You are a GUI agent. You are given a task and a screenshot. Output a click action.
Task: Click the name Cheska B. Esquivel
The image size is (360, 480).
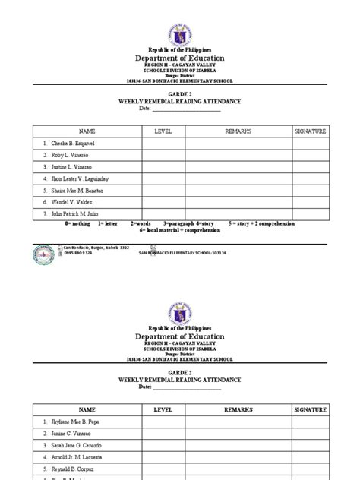pos(73,144)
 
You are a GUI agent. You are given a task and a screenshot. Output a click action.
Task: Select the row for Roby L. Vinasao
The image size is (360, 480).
pos(69,156)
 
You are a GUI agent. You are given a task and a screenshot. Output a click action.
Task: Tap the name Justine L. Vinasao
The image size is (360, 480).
pos(72,168)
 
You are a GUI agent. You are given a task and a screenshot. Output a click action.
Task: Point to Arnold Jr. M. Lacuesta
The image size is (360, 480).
pos(76,457)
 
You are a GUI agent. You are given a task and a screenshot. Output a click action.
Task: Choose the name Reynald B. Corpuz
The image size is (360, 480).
pos(73,469)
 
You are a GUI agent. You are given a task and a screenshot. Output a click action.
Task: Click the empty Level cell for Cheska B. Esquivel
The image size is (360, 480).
pos(163,144)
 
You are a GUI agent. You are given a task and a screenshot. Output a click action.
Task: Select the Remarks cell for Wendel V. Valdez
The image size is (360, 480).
pos(238,204)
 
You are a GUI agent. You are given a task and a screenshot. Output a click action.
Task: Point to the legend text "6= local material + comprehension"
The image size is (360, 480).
pos(178,230)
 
